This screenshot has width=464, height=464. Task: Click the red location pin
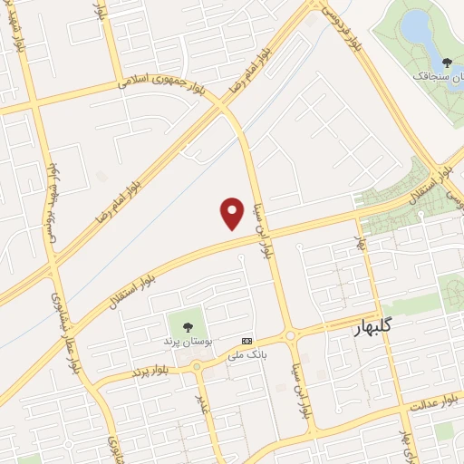pos(233,212)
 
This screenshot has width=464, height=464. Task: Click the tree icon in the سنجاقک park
pos(446,62)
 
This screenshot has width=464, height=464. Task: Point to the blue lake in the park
pos(417,28)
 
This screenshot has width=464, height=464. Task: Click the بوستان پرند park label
pos(187,342)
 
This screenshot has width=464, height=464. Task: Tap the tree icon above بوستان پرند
pos(188,327)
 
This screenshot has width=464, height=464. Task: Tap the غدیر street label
pos(203,401)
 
